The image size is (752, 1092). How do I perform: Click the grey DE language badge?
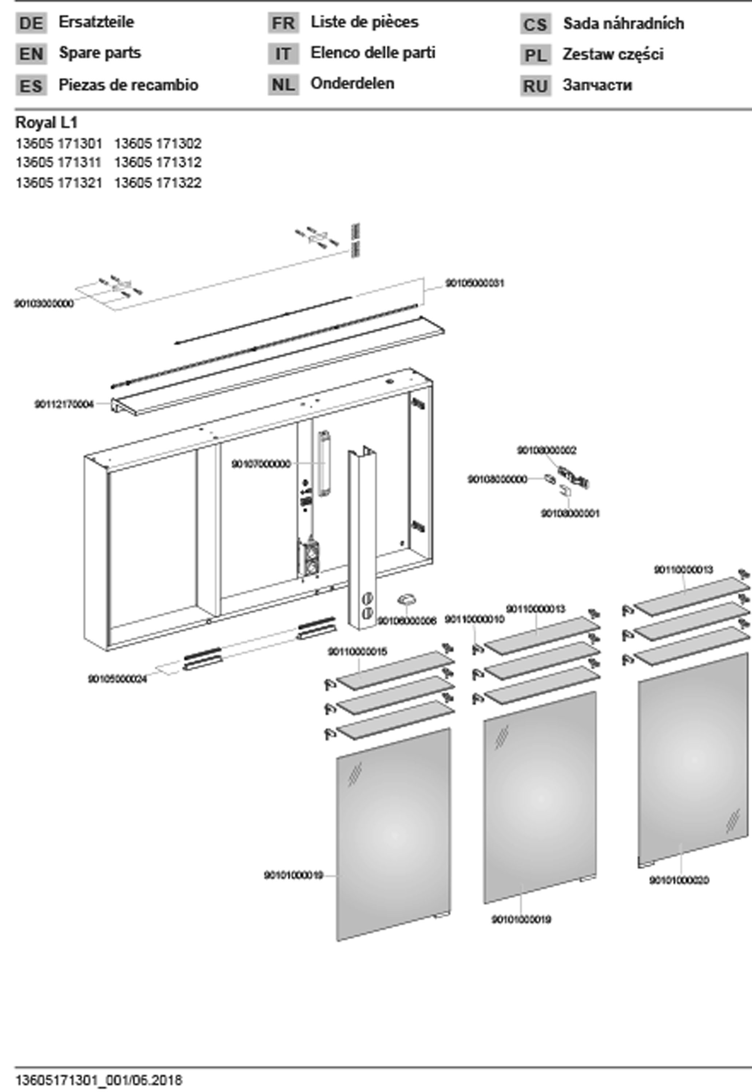tap(31, 23)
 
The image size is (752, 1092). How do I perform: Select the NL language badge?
tap(283, 85)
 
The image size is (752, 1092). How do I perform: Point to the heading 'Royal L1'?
tap(46, 123)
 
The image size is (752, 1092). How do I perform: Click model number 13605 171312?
tap(158, 163)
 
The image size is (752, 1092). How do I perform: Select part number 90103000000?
tap(44, 304)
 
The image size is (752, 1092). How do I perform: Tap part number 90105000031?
tap(474, 283)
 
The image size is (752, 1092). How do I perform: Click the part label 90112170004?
tap(64, 404)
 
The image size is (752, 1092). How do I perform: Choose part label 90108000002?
tap(546, 451)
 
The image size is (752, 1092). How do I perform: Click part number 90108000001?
tap(570, 514)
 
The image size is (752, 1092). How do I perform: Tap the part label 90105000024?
tap(117, 679)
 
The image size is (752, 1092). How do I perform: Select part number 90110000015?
tap(357, 652)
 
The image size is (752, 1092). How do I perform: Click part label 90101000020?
tap(679, 880)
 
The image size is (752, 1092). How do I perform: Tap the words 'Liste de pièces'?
tap(364, 22)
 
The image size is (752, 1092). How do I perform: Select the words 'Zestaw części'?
tap(613, 55)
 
